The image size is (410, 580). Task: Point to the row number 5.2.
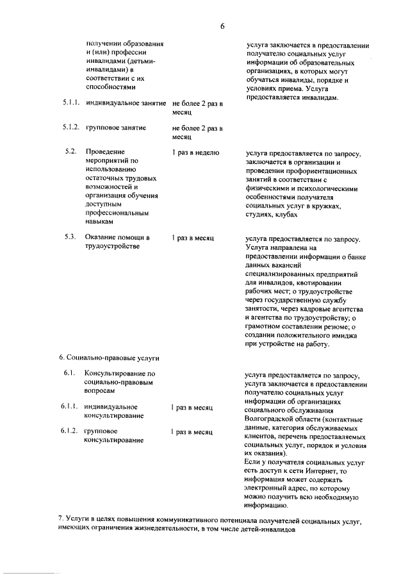tap(71, 152)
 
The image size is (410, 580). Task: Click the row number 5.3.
tap(71, 237)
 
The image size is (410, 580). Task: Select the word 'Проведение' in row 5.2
tap(105, 153)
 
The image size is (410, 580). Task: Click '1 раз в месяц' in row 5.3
tap(192, 237)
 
